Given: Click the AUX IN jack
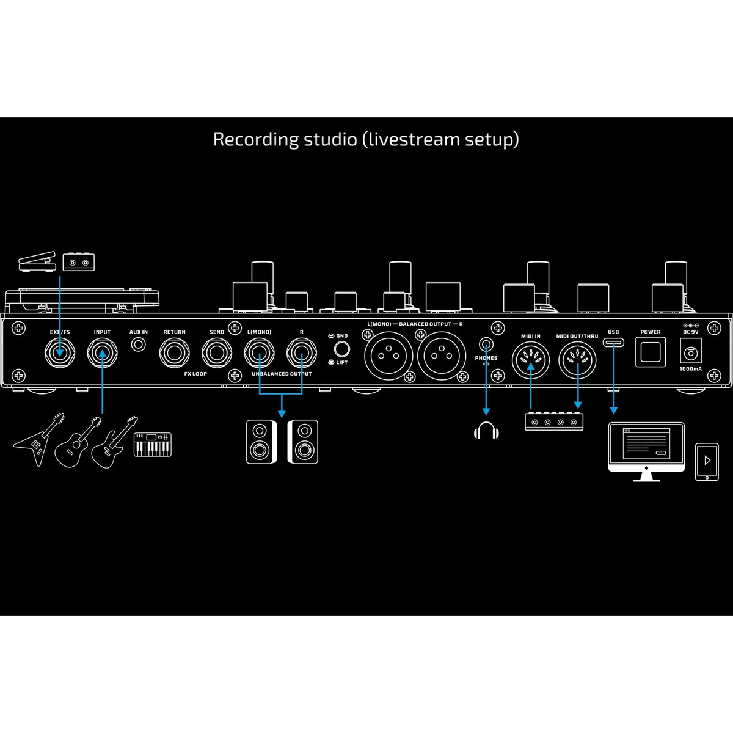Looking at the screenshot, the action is pyautogui.click(x=138, y=345).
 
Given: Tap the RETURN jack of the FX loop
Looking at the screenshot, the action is pyautogui.click(x=174, y=353).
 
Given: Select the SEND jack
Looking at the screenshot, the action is pyautogui.click(x=216, y=353).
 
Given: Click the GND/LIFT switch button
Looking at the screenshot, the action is pyautogui.click(x=341, y=349).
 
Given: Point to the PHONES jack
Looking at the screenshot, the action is pyautogui.click(x=486, y=345).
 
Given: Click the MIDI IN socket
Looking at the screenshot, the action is pyautogui.click(x=531, y=360).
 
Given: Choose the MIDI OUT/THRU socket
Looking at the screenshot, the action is pyautogui.click(x=577, y=360).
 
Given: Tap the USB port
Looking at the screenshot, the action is pyautogui.click(x=613, y=342).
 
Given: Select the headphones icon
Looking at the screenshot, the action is pyautogui.click(x=486, y=430).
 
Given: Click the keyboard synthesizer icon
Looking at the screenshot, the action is pyautogui.click(x=153, y=444).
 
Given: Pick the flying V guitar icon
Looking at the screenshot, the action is pyautogui.click(x=39, y=439).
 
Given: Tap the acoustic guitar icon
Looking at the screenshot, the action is pyautogui.click(x=78, y=442).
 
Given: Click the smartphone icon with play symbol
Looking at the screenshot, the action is pyautogui.click(x=707, y=462).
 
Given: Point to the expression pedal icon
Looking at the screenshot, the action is pyautogui.click(x=37, y=261).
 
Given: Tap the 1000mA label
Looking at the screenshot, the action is pyautogui.click(x=691, y=369).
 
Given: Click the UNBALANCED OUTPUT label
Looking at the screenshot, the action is pyautogui.click(x=282, y=374).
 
